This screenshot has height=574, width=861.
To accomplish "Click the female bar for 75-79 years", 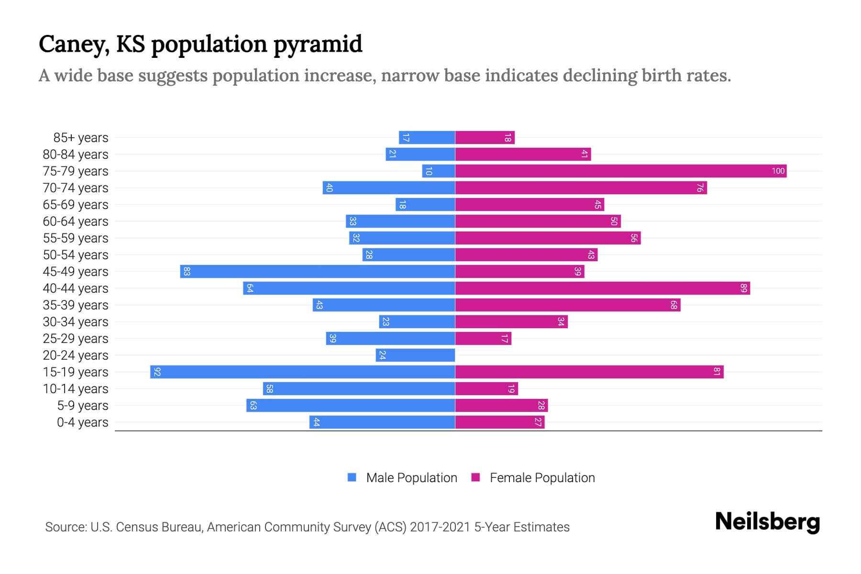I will pos(620,171).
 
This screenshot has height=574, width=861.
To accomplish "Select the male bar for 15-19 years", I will pos(302,372).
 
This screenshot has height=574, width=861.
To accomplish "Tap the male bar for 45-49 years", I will pos(317,271).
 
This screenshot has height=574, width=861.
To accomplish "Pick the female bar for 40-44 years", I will pos(602,288).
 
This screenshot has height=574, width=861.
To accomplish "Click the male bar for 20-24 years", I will pos(415,355).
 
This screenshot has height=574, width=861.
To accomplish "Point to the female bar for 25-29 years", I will pos(483,338).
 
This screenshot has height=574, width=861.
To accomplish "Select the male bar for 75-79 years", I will pos(438,171).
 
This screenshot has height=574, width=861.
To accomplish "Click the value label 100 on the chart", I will pos(778,171).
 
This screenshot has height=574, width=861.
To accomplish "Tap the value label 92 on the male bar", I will pos(157,372).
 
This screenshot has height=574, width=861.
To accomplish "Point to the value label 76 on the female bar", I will pos(699,188).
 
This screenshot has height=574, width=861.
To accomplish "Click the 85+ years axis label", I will pos(80,138).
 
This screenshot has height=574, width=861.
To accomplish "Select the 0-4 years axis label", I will pos(82,422).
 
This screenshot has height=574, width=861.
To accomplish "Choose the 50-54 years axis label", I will pos(76,255).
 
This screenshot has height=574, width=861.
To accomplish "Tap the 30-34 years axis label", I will pos(76,322).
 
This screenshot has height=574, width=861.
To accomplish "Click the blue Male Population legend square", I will pos(352,477).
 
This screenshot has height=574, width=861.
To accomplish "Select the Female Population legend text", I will pos(542,477).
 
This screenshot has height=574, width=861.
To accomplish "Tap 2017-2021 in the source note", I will pos(440,527).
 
